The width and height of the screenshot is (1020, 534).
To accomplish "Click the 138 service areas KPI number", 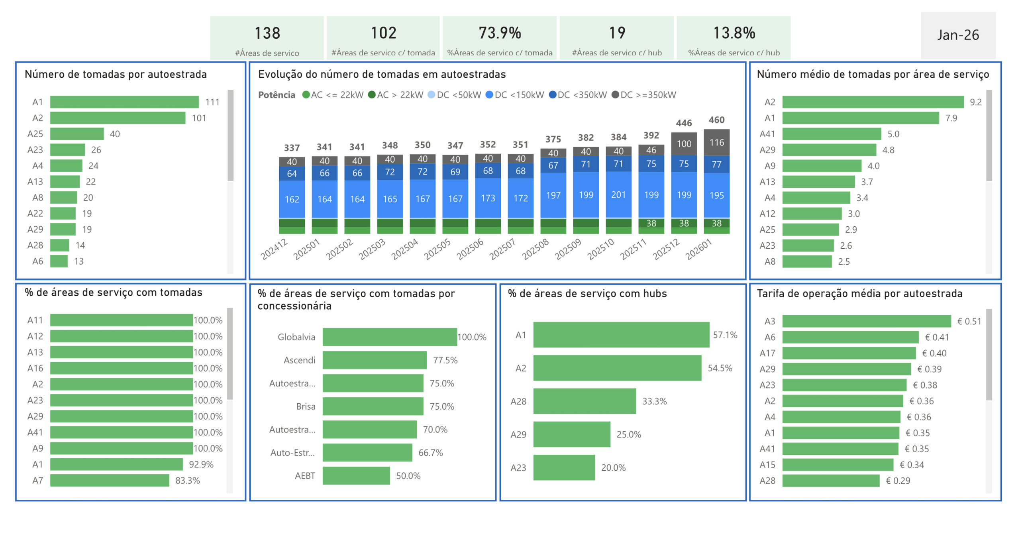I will tap(267, 33).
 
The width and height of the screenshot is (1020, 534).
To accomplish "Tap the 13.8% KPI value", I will tap(734, 33).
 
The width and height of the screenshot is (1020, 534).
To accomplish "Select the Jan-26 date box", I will tap(957, 35).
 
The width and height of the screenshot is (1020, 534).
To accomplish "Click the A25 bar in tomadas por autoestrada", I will tap(77, 134).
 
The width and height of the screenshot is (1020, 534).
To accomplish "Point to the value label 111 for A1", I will tap(212, 102).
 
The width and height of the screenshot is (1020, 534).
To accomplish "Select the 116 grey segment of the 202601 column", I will tap(716, 142).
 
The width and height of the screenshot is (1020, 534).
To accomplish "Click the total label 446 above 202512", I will tap(683, 123).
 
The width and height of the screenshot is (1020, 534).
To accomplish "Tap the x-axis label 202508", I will tap(535, 249).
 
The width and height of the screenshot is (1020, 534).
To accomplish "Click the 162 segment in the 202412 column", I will tap(292, 199).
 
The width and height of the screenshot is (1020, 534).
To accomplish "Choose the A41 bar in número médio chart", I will tap(831, 134).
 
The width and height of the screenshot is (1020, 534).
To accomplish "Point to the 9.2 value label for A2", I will tap(975, 102).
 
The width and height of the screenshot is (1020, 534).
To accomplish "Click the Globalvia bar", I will tap(389, 337).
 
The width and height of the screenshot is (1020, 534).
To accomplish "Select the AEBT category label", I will tap(305, 476).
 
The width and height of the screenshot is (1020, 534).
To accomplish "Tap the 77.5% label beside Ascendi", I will tap(445, 360).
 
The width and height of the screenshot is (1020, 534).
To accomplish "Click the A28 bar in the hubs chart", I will tap(584, 401).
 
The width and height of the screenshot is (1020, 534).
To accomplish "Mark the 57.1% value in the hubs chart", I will tap(724, 335).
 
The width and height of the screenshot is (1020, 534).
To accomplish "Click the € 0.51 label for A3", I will tap(969, 322).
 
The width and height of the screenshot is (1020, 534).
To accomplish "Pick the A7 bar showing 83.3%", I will tap(110, 481).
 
